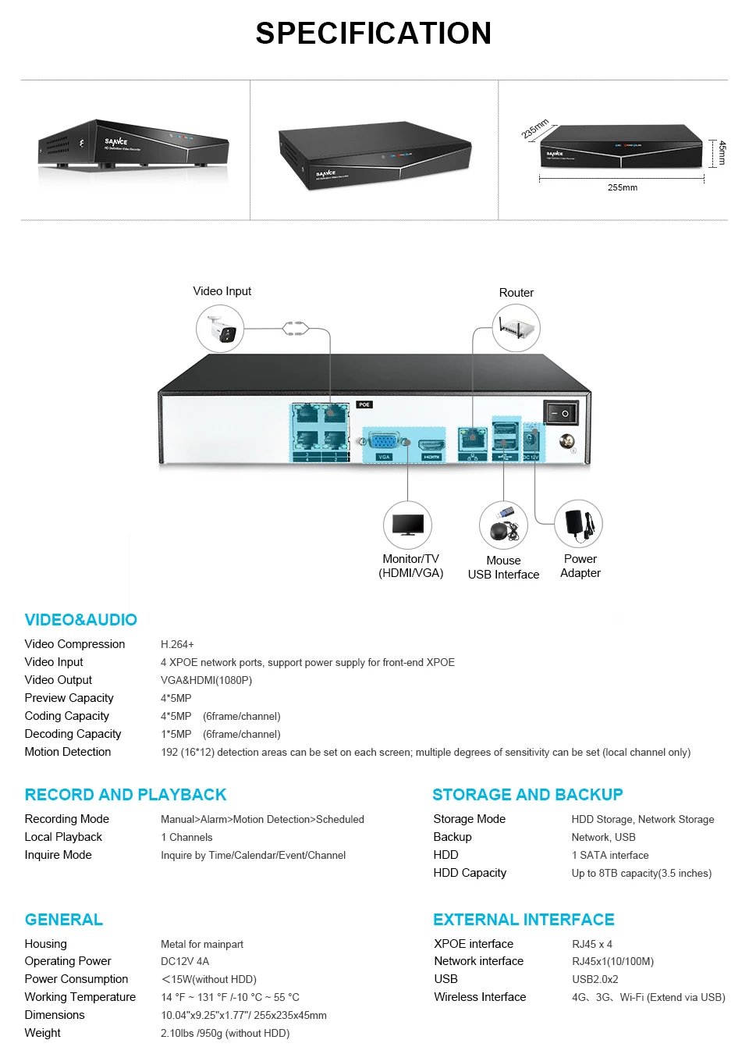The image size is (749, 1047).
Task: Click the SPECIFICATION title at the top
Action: pos(374,34)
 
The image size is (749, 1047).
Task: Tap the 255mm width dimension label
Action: pos(622,187)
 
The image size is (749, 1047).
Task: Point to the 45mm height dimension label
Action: pos(722,152)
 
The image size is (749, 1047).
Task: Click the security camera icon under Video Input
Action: pos(220,329)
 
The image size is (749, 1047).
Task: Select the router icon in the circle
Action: pos(516,328)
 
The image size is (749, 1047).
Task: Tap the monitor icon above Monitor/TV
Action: pos(407,525)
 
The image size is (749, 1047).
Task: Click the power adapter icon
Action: pos(578,524)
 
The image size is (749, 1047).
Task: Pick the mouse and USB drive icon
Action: pos(503,525)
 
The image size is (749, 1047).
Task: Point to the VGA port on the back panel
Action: pos(384,442)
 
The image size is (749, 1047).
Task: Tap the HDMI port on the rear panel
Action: pos(431,445)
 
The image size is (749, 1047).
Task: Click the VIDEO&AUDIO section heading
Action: pos(81,620)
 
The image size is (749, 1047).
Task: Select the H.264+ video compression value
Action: pos(177,644)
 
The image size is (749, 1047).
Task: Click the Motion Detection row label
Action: pos(68,752)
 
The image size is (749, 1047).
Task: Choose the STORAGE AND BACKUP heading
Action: pos(527,795)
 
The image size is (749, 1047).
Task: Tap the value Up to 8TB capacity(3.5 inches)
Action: pos(641,873)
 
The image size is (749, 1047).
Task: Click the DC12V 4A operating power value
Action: pos(185,961)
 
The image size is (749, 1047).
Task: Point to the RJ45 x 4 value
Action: pos(592,944)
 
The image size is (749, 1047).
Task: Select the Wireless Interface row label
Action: pos(480,997)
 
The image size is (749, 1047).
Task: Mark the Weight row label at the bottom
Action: pos(43,1033)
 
